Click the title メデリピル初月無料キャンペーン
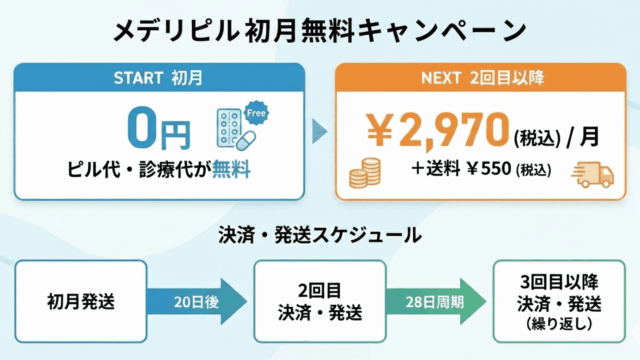click(320, 30)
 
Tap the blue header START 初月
click(160, 76)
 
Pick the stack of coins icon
click(366, 176)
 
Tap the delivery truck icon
click(592, 176)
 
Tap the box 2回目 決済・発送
click(319, 299)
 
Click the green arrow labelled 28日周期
click(433, 299)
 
